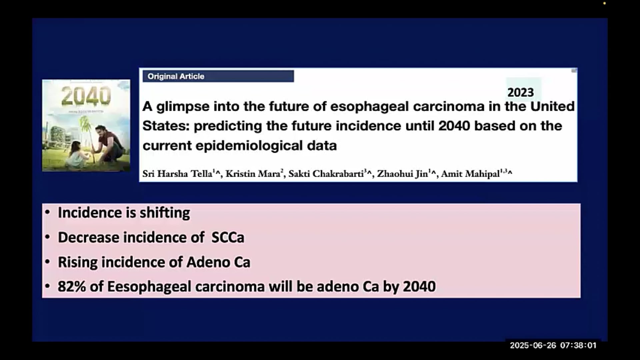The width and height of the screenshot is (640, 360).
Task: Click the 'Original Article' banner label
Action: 176,76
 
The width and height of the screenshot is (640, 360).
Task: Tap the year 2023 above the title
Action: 520,92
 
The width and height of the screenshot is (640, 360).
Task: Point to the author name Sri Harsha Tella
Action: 177,174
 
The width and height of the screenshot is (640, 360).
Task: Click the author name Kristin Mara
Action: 253,174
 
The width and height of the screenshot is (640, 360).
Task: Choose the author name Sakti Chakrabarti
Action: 326,174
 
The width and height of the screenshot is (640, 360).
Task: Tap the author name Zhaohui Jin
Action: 402,174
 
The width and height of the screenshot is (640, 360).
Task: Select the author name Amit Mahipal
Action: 470,174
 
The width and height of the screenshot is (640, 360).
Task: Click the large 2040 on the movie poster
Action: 86,96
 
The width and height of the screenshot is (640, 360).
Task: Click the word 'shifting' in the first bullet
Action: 165,213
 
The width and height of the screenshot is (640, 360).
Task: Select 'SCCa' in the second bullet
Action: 228,238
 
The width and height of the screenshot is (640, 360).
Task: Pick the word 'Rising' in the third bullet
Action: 78,262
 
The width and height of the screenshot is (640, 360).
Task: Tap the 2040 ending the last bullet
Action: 419,287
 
